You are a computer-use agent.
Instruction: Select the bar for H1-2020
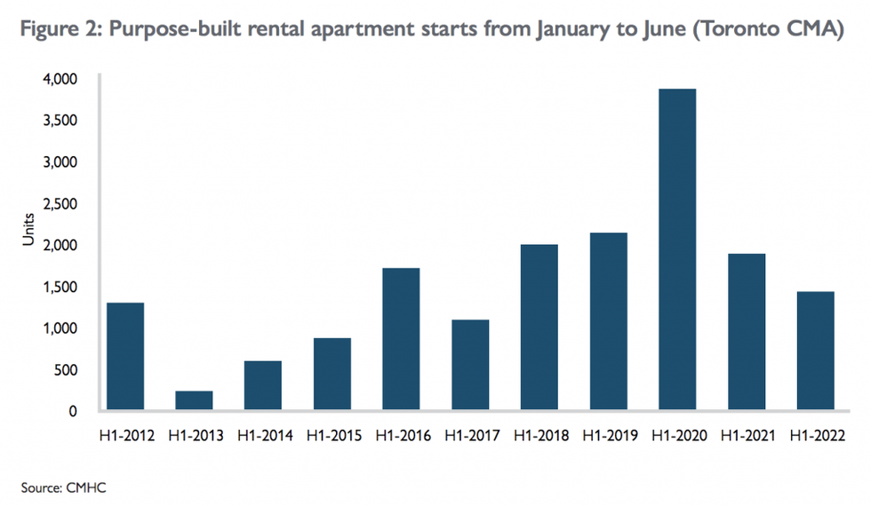[x=677, y=249]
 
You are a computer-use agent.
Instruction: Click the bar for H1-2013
[x=194, y=400]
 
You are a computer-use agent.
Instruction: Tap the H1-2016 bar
[x=401, y=339]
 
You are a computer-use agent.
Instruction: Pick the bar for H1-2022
[x=815, y=351]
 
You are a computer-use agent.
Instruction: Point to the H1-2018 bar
[x=539, y=328]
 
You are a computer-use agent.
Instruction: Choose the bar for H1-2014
[x=263, y=385]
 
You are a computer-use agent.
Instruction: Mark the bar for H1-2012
[x=125, y=357]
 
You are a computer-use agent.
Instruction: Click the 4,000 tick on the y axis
[x=60, y=79]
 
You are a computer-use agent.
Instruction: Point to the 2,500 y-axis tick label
[x=60, y=203]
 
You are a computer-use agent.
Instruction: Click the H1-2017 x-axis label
[x=469, y=436]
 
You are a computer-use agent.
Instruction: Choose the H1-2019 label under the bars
[x=608, y=436]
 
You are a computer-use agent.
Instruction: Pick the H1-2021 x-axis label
[x=746, y=436]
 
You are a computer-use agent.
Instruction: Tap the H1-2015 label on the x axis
[x=332, y=436]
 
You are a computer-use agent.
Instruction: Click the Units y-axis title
[x=29, y=228]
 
